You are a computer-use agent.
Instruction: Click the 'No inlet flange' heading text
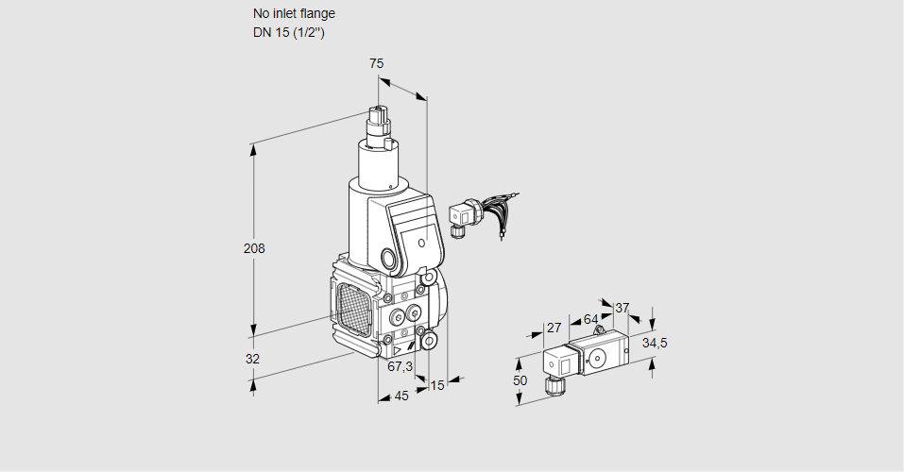coord(293,14)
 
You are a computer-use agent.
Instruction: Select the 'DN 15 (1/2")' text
coord(288,33)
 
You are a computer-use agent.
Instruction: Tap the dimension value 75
coord(376,63)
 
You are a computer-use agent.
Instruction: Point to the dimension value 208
coord(254,249)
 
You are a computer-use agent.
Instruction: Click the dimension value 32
coord(252,359)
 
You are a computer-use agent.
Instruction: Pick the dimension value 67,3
coord(401,366)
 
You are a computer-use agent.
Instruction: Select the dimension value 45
coord(401,396)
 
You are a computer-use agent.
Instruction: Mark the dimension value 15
coord(436,385)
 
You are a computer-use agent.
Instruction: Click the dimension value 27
coord(554,328)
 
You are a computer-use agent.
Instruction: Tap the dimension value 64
coord(590,319)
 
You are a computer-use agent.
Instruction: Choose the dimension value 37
coord(622,308)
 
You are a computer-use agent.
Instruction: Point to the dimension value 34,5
coord(655,343)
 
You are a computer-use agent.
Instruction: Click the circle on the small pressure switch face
coord(597,358)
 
